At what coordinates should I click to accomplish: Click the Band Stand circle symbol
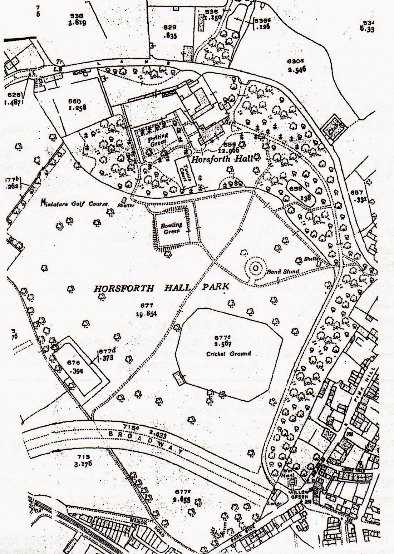point(255,268)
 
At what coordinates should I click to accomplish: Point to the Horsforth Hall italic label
point(222,159)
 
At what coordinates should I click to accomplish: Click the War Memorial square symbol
point(292,483)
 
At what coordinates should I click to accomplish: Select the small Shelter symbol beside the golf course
point(124,200)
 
